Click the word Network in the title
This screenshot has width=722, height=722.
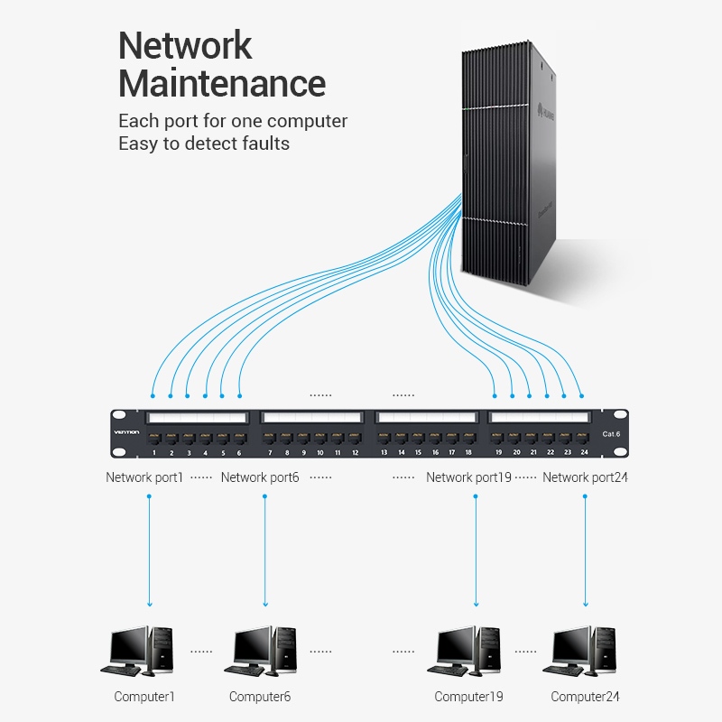tap(185, 45)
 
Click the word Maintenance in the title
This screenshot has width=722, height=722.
tap(222, 83)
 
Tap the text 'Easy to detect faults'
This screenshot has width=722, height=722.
tap(204, 143)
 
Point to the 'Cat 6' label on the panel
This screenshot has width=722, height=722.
tap(612, 434)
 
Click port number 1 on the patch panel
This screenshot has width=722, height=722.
tap(154, 440)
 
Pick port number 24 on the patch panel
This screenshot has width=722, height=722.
tap(584, 440)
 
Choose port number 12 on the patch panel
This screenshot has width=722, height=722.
tap(355, 440)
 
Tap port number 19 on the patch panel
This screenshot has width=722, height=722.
tap(499, 440)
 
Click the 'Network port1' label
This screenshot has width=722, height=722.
tap(144, 477)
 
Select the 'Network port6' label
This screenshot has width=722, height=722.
tap(260, 477)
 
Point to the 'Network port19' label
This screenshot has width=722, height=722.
tap(469, 477)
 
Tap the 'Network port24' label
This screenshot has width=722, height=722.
tap(585, 477)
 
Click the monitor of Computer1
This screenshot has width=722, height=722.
tap(127, 645)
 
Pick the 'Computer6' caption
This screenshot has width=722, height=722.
tap(260, 697)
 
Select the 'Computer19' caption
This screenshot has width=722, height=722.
tap(468, 697)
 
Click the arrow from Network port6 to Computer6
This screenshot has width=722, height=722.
tap(265, 551)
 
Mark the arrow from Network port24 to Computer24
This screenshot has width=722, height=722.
tap(586, 551)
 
